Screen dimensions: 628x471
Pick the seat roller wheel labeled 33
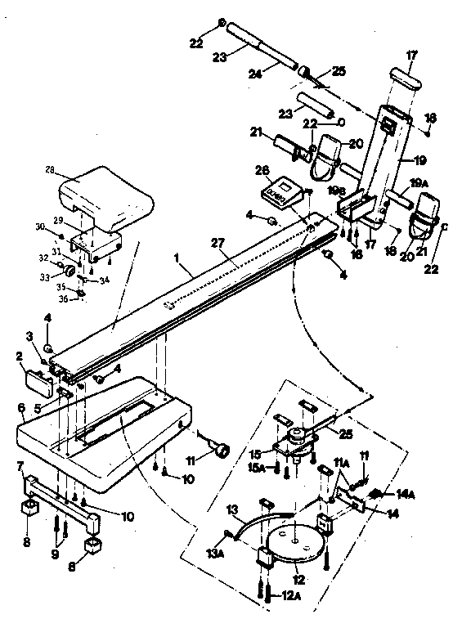tap(71, 271)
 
